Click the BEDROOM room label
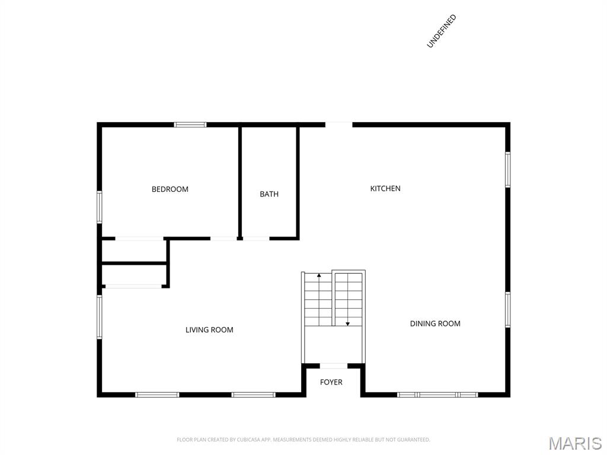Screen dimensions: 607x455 [170, 189]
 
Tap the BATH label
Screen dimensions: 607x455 [269, 194]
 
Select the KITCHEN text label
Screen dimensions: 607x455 [385, 188]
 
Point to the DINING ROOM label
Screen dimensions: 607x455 [435, 323]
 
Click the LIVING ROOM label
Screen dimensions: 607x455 [209, 330]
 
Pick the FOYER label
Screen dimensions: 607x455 [331, 382]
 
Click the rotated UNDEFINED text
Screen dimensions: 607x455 [441, 31]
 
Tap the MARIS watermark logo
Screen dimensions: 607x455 [575, 443]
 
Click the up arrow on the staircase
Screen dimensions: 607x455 [319, 276]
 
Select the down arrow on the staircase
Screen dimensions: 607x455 [347, 323]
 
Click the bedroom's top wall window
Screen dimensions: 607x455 [190, 124]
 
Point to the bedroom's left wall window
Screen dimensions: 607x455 [100, 207]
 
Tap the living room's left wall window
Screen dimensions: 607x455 [100, 317]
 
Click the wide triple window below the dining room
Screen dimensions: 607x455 [437, 395]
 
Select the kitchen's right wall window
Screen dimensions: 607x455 [507, 169]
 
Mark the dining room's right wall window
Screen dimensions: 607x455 [507, 310]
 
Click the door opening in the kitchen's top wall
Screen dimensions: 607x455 [338, 124]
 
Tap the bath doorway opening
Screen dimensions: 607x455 [256, 238]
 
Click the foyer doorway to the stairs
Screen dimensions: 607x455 [334, 366]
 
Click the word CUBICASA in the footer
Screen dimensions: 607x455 [248, 440]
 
